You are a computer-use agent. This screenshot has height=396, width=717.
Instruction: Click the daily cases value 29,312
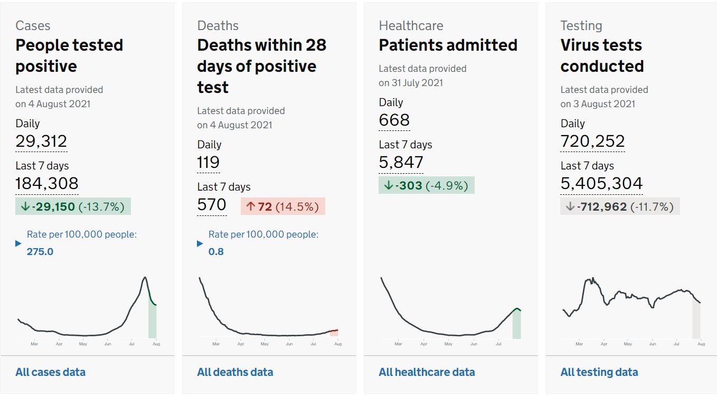coord(41,141)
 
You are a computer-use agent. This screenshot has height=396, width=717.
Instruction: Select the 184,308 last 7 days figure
coord(47,183)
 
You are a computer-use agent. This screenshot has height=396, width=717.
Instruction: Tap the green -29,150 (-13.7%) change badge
coord(73,206)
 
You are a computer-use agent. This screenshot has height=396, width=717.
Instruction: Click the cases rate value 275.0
coord(40,251)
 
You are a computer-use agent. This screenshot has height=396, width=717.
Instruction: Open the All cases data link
coord(50,372)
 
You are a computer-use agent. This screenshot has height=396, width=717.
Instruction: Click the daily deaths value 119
coord(208,162)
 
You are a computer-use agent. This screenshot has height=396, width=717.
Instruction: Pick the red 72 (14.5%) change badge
coord(283,206)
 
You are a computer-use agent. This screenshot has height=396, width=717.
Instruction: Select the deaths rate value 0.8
coord(216,251)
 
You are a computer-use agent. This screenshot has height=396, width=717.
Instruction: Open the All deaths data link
coord(235,372)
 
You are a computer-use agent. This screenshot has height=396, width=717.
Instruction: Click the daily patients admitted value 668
coord(394,120)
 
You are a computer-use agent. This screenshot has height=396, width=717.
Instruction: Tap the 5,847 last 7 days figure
coord(401,163)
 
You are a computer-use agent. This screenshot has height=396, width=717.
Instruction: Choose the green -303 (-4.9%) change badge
coord(427,185)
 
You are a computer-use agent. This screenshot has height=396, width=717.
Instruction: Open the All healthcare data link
coord(427,372)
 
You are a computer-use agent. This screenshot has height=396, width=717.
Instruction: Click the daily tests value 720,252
coord(592,141)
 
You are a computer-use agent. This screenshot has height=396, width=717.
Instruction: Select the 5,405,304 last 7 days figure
coord(601,183)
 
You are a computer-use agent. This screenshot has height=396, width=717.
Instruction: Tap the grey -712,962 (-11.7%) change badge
coord(620,206)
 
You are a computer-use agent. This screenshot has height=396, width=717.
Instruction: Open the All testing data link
coord(599,372)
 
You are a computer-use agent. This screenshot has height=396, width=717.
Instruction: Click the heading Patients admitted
coord(448,45)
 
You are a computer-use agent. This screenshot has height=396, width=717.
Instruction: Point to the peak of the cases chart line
coord(145,277)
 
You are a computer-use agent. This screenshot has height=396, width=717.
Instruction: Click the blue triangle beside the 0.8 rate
coord(200,243)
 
